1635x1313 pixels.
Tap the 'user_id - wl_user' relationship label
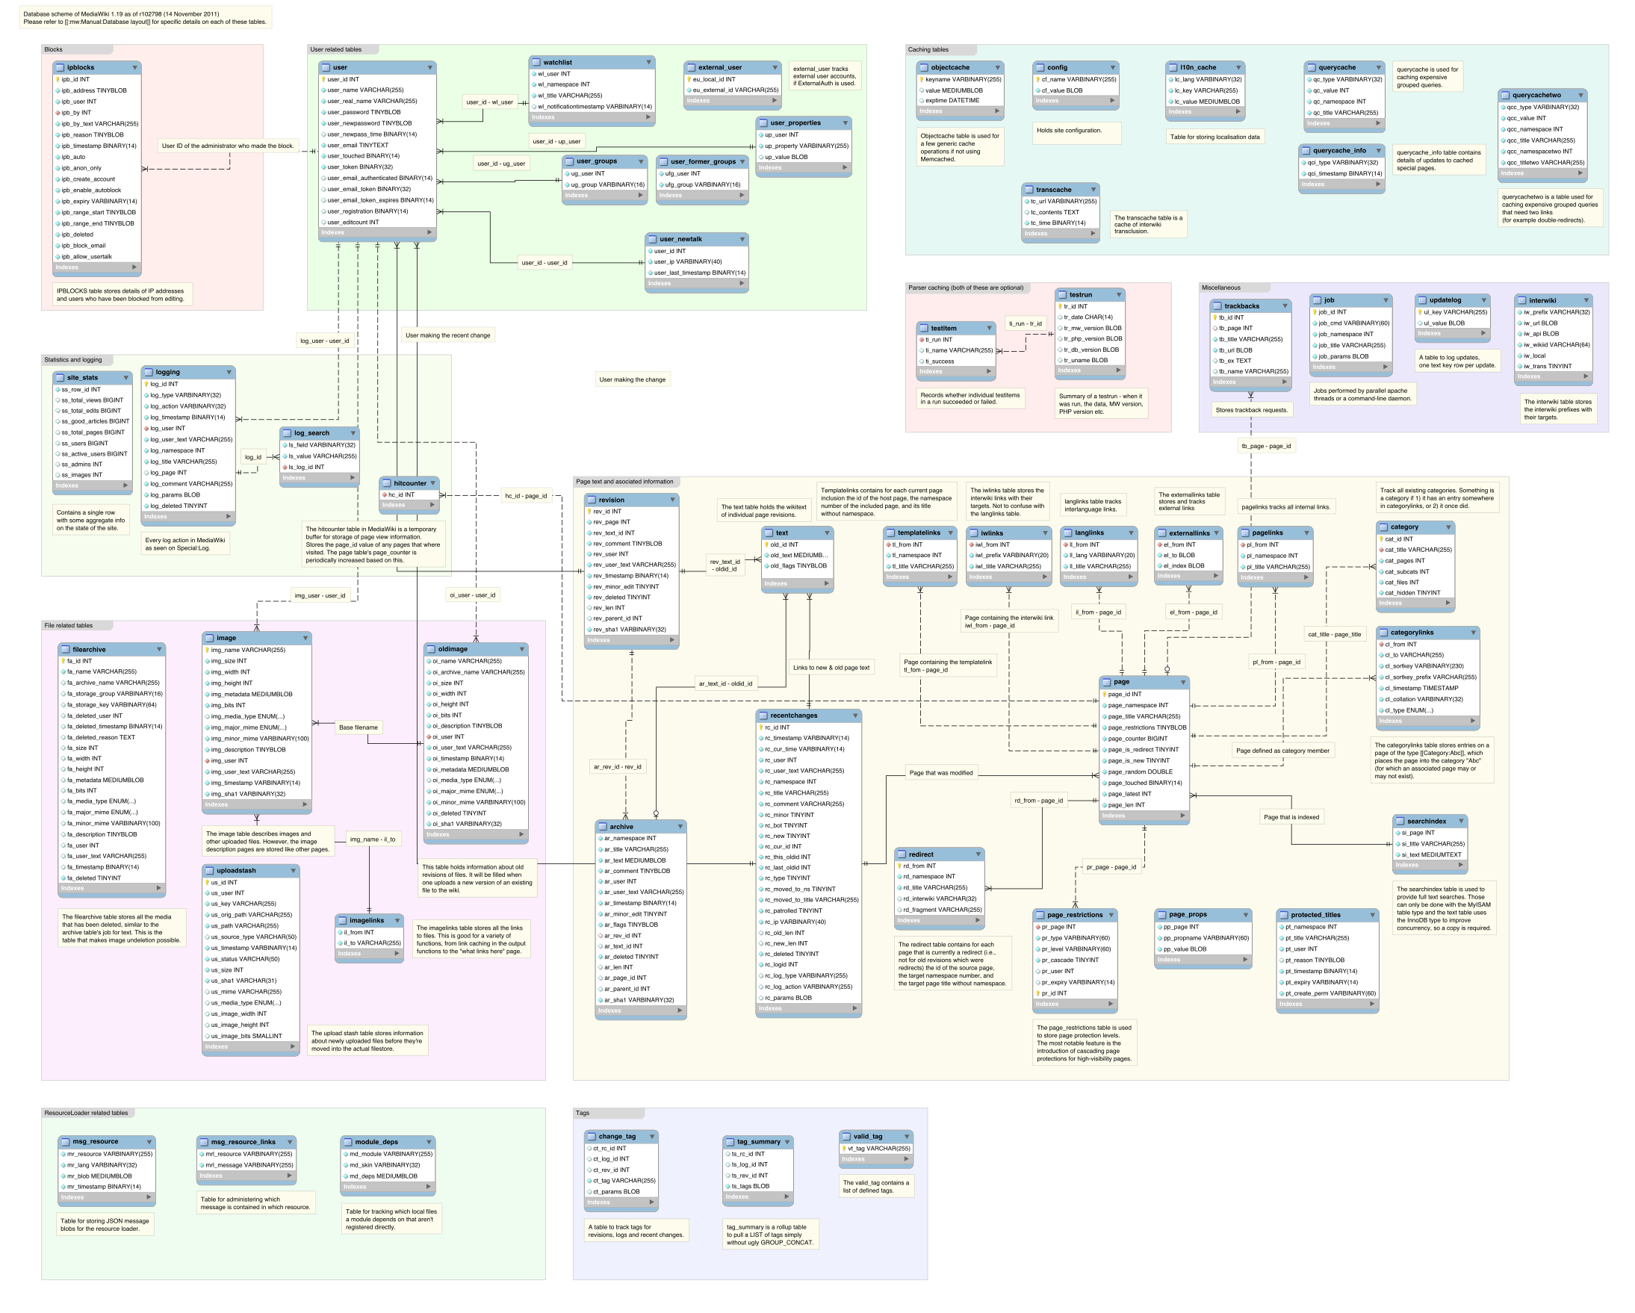pos(489,102)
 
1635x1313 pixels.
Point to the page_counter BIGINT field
pos(1138,738)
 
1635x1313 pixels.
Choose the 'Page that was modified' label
pos(940,772)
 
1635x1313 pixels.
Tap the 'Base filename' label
pos(358,727)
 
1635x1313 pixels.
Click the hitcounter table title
pos(409,482)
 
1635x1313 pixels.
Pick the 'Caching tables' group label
pos(928,49)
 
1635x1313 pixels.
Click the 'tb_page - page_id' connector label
pos(1266,445)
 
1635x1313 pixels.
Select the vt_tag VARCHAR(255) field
pos(878,1148)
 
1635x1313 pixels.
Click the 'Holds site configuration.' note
pos(1069,131)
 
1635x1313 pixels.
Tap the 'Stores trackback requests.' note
pos(1251,409)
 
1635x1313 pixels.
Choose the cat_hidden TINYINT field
pos(1412,592)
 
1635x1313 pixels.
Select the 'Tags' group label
pos(583,1113)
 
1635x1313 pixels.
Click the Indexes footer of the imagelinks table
pos(367,954)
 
